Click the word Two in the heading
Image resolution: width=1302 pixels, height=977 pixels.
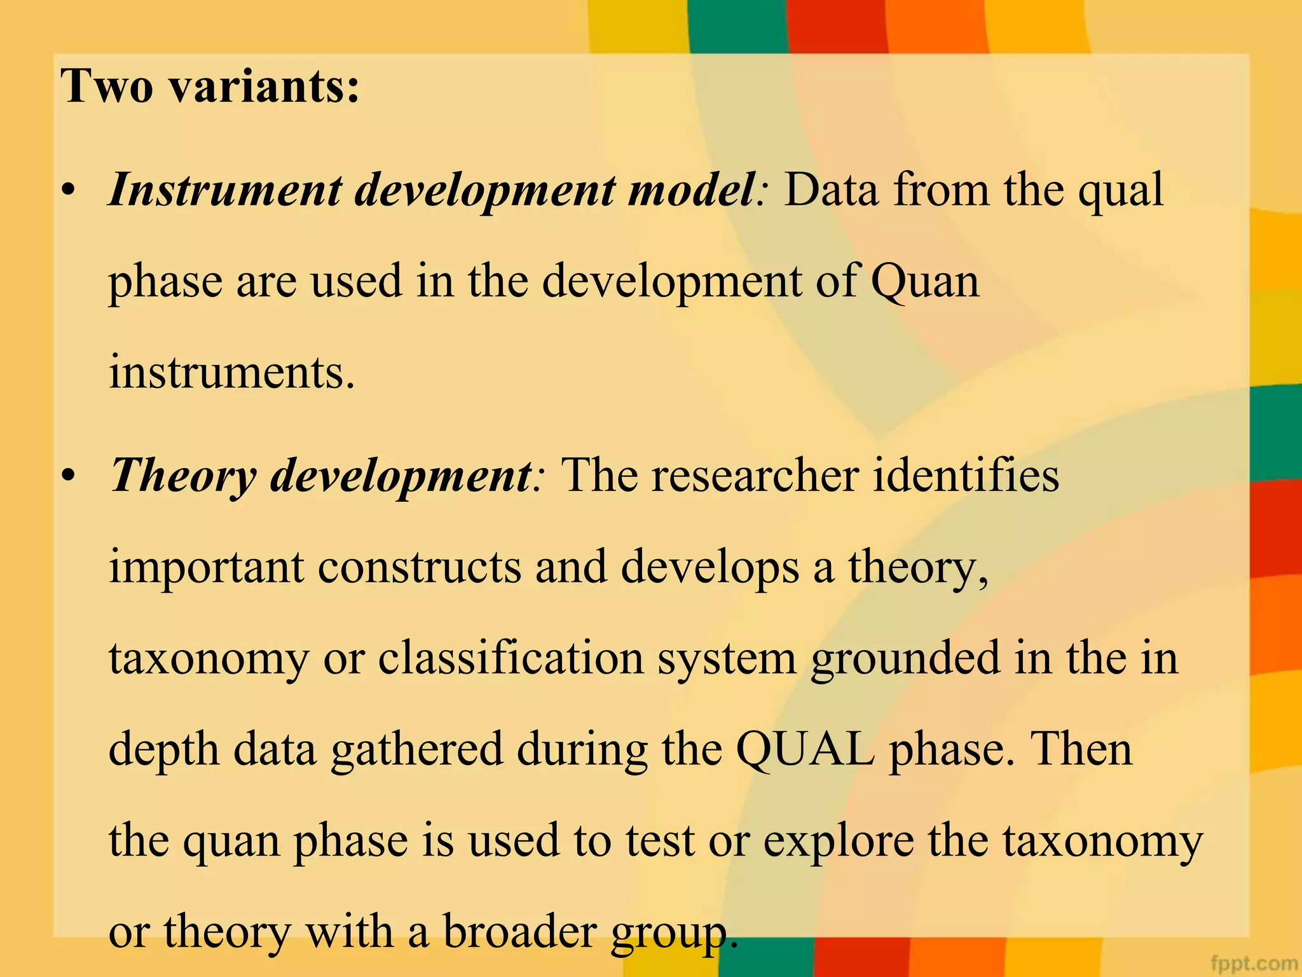(x=107, y=87)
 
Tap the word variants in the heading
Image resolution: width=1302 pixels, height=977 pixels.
(x=264, y=87)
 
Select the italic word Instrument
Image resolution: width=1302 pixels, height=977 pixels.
(x=225, y=190)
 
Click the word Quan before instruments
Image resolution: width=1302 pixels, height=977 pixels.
(x=925, y=282)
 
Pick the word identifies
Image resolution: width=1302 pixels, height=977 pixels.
(x=966, y=476)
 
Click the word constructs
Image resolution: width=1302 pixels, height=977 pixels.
(x=420, y=567)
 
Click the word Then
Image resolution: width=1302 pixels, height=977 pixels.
(x=1081, y=749)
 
